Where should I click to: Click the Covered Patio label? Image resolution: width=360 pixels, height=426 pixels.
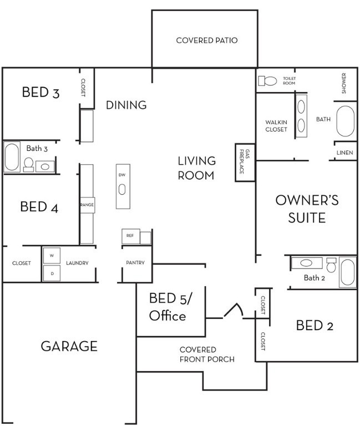(x=207, y=40)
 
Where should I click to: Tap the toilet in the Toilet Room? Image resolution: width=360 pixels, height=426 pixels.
(x=267, y=80)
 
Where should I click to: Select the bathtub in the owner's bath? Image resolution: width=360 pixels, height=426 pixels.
(x=346, y=121)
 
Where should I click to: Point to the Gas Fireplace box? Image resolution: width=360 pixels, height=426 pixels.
(x=245, y=163)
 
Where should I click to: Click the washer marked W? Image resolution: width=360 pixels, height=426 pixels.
(x=52, y=255)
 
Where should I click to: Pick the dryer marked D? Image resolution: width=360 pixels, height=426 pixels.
(x=52, y=273)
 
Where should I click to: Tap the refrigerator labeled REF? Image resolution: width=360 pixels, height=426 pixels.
(x=131, y=236)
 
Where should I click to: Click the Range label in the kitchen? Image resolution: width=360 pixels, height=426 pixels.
(x=87, y=205)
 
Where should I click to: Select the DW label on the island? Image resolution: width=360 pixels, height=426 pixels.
(x=122, y=175)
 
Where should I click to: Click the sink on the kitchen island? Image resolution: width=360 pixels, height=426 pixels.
(x=122, y=190)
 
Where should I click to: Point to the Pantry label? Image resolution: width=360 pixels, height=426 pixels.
(x=135, y=263)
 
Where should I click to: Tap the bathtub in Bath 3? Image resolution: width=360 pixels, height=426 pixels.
(x=12, y=157)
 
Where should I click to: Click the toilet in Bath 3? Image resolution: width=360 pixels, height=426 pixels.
(x=28, y=165)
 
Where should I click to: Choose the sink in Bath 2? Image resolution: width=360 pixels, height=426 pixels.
(x=306, y=263)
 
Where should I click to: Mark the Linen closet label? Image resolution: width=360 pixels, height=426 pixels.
(x=345, y=153)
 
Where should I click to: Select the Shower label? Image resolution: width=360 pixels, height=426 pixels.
(x=344, y=83)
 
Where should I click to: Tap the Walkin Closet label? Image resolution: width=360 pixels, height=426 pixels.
(x=276, y=126)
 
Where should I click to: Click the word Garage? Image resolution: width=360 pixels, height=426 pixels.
(x=69, y=346)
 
